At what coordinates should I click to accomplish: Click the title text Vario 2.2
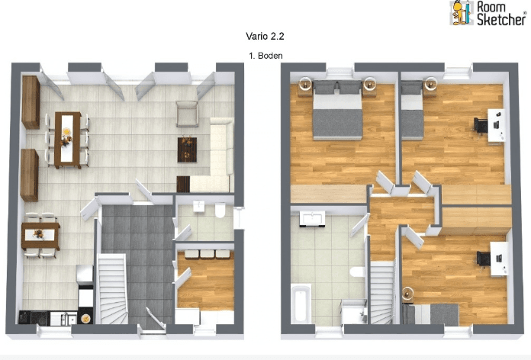tap(265, 35)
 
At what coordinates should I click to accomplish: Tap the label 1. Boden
tap(265, 56)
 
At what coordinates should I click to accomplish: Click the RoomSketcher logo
tap(488, 13)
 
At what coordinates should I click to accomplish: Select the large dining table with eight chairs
tap(68, 139)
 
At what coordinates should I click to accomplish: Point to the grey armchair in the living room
tap(187, 114)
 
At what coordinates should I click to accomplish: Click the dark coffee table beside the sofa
tap(187, 148)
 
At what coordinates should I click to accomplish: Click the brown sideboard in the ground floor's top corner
tap(31, 102)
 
